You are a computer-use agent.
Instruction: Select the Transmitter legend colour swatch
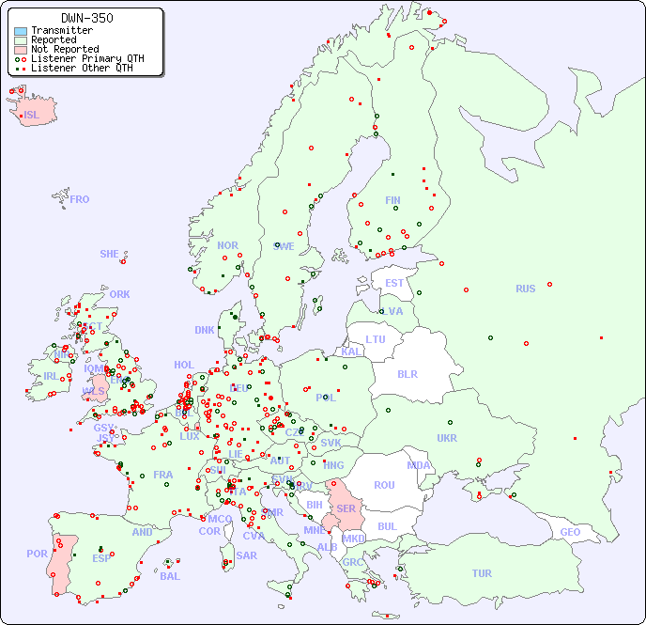coord(21,30)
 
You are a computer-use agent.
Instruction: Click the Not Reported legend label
coord(64,49)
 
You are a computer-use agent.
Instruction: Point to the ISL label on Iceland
coord(32,116)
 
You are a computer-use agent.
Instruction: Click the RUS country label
coord(525,289)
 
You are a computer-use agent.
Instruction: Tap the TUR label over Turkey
coord(482,573)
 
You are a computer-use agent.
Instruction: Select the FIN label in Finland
coord(392,200)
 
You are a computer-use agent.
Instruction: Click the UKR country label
coord(447,438)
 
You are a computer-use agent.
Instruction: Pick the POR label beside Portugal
coord(37,554)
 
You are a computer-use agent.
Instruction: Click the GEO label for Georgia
coord(570,532)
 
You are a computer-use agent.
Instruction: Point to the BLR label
coord(407,373)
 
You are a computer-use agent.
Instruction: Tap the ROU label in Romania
coord(384,485)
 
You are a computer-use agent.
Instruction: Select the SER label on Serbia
coord(346,508)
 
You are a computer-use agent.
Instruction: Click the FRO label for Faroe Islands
coord(79,199)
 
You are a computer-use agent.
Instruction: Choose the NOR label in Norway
coord(227,245)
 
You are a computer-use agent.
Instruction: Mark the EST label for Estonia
coord(394,283)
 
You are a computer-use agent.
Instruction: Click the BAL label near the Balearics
coord(169,576)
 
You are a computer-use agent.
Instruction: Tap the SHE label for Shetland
coord(109,254)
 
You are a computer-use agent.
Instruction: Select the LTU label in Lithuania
coord(376,339)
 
